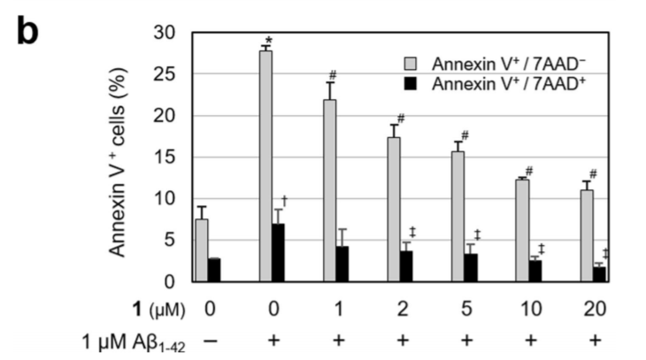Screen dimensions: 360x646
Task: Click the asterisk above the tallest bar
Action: tap(267, 41)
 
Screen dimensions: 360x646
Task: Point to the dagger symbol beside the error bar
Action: tap(286, 202)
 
